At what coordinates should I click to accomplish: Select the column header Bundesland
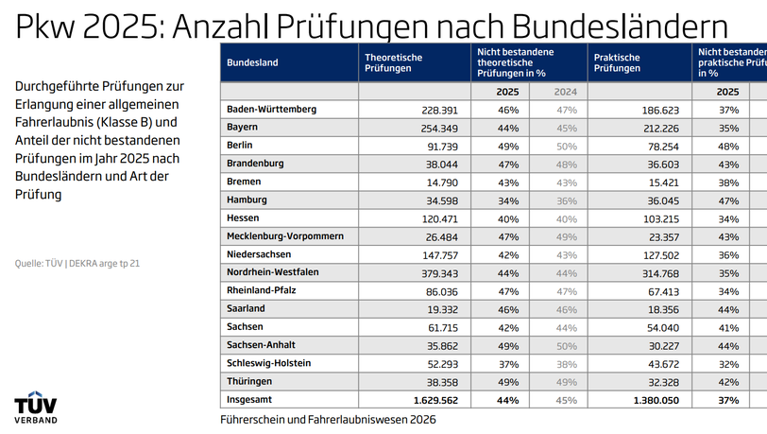(x=252, y=62)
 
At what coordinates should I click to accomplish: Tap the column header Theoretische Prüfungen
(x=393, y=62)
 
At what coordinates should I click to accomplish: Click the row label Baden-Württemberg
(x=271, y=110)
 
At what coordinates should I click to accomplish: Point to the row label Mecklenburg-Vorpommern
(x=284, y=235)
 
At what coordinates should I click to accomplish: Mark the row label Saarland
(x=246, y=308)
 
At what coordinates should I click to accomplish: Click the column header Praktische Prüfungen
(x=617, y=62)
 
